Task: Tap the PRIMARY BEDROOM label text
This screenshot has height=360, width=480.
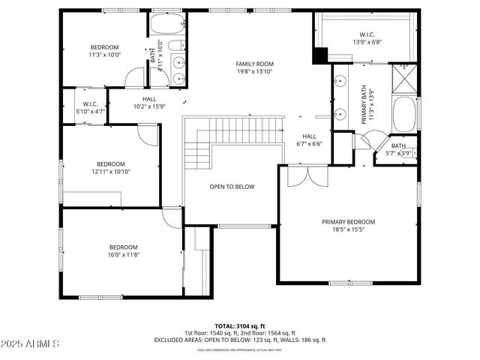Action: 348,222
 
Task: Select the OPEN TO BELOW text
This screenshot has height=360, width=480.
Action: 232,187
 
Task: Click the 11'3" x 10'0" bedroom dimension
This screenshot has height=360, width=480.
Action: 105,55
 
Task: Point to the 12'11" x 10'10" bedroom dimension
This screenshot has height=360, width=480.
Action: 110,172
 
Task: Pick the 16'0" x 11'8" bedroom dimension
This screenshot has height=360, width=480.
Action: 124,255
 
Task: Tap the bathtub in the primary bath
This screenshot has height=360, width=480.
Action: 406,112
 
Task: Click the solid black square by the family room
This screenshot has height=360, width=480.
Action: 320,55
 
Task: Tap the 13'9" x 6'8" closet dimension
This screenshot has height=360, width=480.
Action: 367,42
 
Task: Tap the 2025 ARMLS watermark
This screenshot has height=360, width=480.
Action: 30,344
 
